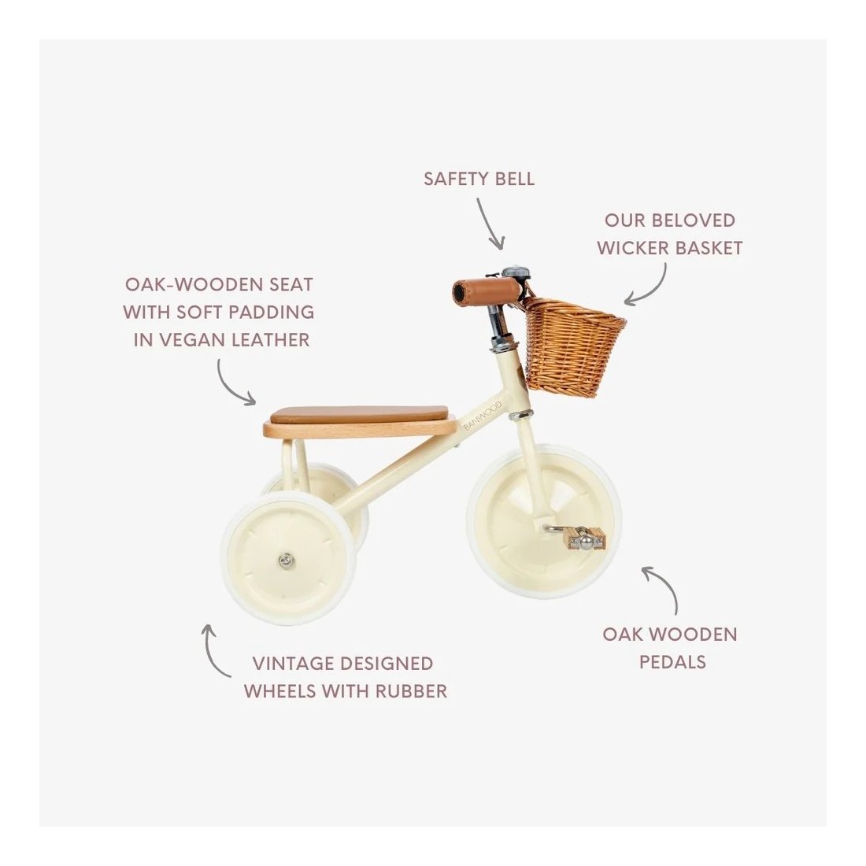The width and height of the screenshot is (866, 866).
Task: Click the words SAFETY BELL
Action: click(x=479, y=179)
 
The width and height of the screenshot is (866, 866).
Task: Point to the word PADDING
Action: click(x=272, y=312)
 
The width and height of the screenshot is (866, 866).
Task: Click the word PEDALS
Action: click(x=672, y=661)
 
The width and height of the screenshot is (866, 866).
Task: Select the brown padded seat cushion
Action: click(x=359, y=413)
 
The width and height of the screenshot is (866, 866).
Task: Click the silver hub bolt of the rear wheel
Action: click(x=286, y=561)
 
